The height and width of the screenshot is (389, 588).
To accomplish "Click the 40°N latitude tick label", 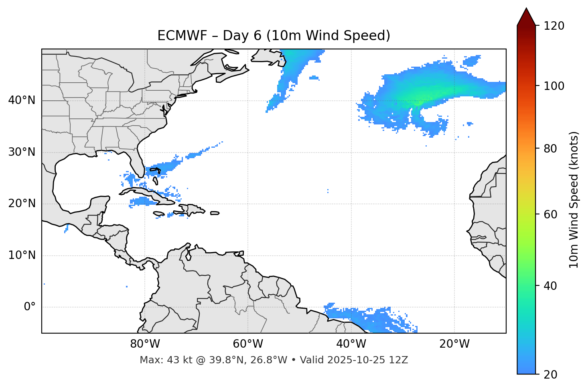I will point(22,100).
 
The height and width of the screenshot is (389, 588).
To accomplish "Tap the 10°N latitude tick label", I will point(22,255).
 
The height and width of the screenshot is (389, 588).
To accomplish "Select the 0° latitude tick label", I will point(30,307).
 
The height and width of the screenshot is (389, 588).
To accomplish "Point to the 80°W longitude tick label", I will point(145,344).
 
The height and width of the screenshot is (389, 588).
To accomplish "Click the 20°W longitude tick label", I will point(454,344).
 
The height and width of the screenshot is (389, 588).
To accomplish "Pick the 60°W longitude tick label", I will point(248,344).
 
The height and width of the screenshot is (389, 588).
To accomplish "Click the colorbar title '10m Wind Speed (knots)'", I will point(574,200).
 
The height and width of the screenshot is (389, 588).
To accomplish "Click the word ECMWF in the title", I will point(182,36).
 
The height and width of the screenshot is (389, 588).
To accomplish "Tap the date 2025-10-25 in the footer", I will point(355,360).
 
